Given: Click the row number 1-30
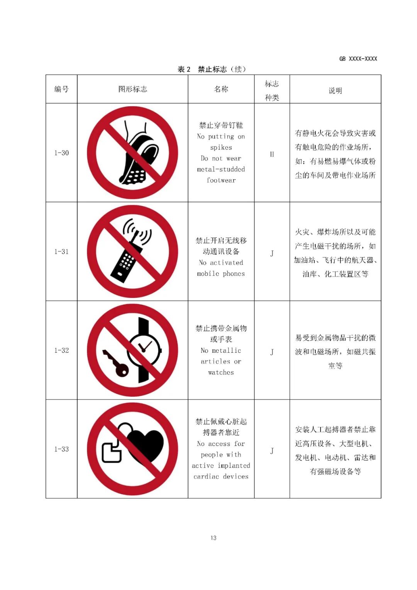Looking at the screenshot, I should [x=61, y=153].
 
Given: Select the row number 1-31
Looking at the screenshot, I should [x=61, y=252].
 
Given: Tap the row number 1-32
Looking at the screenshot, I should [x=61, y=350].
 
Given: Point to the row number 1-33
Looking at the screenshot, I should [x=61, y=449].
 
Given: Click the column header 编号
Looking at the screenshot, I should [x=61, y=89].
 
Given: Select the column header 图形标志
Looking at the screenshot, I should [x=132, y=89].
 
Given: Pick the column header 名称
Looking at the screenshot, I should [x=221, y=89].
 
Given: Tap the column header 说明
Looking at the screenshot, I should [x=335, y=91].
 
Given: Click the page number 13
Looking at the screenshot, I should [x=214, y=538].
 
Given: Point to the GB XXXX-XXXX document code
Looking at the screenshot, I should [x=358, y=59].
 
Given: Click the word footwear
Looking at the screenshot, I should [x=221, y=180].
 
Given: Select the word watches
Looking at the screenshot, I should [x=221, y=372].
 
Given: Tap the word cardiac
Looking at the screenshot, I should [x=206, y=477].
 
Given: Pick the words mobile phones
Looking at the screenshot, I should [x=221, y=274].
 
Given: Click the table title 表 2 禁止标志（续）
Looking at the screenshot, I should [x=212, y=70].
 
